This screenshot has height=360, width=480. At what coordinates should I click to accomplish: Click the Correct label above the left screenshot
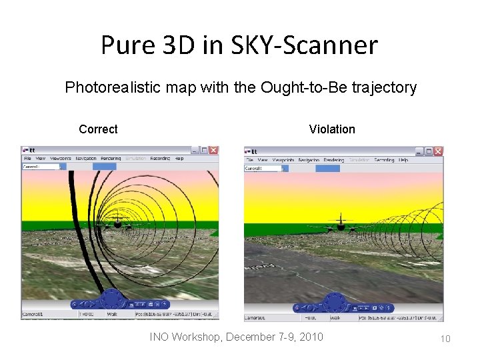click(98, 129)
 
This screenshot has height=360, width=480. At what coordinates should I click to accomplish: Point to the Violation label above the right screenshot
click(332, 129)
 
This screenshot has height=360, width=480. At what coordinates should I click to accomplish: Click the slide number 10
click(445, 339)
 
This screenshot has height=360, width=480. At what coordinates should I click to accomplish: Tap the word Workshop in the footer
click(197, 337)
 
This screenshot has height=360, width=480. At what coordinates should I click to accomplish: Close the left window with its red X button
click(213, 150)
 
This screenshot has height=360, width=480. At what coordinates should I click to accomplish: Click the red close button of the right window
click(437, 151)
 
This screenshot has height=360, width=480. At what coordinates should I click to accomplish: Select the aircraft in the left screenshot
click(119, 223)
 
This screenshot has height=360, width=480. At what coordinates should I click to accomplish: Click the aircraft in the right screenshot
click(341, 224)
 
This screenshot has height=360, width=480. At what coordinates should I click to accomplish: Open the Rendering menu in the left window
click(111, 159)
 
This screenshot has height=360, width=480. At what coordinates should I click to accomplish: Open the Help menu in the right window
click(403, 160)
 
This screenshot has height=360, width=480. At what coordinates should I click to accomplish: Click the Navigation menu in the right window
click(308, 160)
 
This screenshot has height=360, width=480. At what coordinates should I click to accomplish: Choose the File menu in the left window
click(27, 159)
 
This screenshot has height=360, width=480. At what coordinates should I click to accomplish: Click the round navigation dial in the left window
click(110, 301)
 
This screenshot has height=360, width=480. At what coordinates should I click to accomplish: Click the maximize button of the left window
click(204, 150)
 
